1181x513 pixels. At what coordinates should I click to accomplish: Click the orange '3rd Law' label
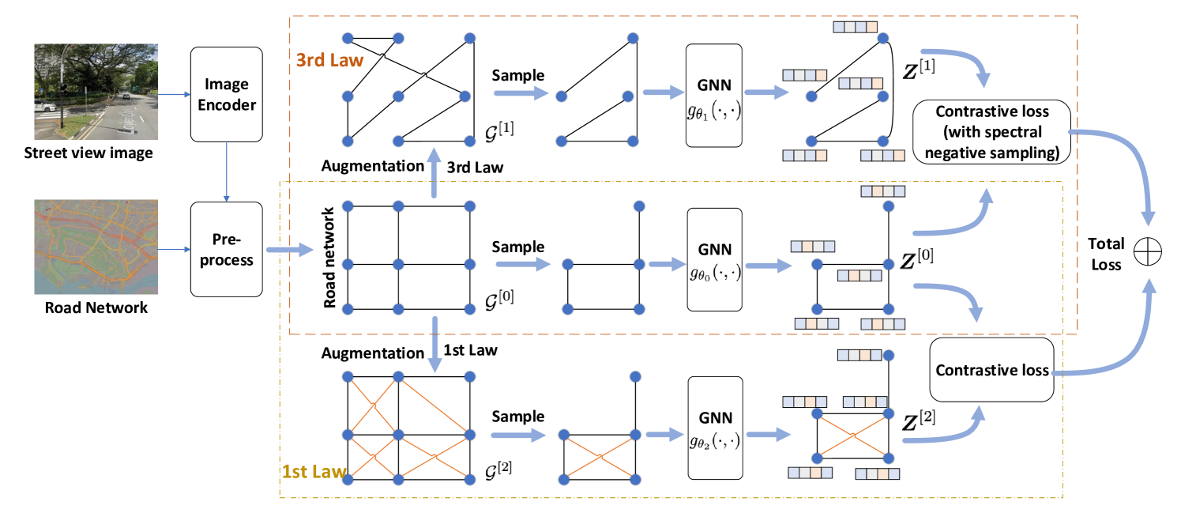(x=329, y=60)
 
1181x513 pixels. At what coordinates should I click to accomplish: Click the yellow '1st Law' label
(x=314, y=472)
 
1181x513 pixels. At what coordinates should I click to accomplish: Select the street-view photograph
(x=96, y=92)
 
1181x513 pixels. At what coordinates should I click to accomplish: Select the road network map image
(x=96, y=247)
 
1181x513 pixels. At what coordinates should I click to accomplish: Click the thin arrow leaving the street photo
(x=175, y=95)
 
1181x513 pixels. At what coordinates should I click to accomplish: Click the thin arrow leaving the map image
(x=175, y=250)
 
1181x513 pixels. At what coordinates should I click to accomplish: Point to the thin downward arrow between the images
(x=227, y=172)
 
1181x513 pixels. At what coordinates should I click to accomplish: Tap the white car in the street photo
(x=45, y=106)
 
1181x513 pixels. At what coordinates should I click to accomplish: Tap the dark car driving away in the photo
(x=124, y=96)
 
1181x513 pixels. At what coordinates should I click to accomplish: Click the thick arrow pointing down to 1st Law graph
(x=434, y=345)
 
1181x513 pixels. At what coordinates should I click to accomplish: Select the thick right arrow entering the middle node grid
(x=290, y=250)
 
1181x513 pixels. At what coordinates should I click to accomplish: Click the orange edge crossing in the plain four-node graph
(x=600, y=456)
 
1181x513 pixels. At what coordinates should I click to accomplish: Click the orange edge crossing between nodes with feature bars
(x=853, y=436)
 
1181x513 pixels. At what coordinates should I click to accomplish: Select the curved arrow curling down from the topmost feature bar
(x=960, y=62)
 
